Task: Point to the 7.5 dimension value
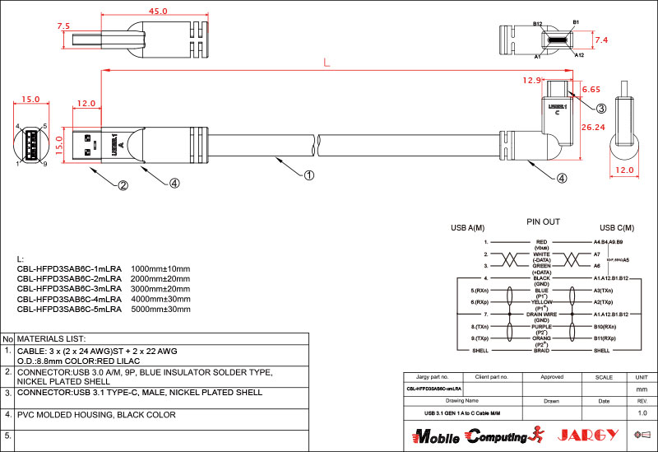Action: pyautogui.click(x=63, y=26)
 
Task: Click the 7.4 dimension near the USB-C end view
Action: pyautogui.click(x=601, y=40)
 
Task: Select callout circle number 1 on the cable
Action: pyautogui.click(x=309, y=175)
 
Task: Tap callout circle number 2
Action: pyautogui.click(x=123, y=185)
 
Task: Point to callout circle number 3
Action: pyautogui.click(x=601, y=108)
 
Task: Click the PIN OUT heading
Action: pyautogui.click(x=543, y=222)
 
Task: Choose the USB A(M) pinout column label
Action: pyautogui.click(x=467, y=228)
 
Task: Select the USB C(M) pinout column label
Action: pyautogui.click(x=617, y=228)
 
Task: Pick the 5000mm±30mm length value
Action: pyautogui.click(x=160, y=310)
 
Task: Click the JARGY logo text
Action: pyautogui.click(x=585, y=435)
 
